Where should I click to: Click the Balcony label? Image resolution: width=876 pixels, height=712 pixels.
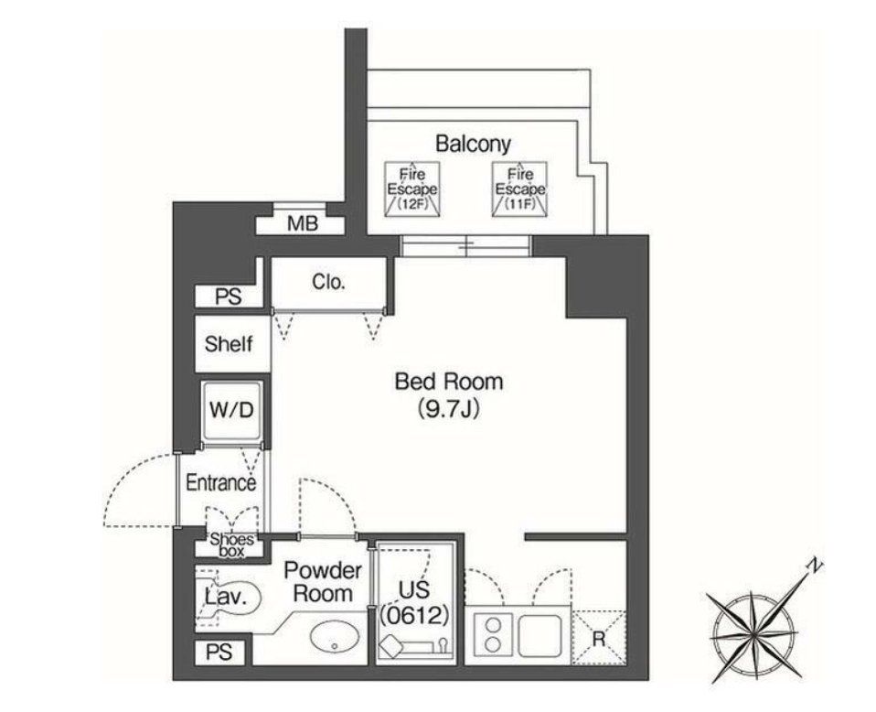(x=472, y=144)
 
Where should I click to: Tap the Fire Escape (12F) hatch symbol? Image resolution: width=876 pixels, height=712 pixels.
(x=411, y=189)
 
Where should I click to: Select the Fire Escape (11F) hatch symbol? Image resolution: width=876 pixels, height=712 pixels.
(x=519, y=189)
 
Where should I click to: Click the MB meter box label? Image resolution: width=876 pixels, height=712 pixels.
(x=302, y=223)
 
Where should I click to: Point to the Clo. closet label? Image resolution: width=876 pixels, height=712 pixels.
(x=329, y=282)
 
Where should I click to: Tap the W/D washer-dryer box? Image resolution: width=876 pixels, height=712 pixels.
(x=233, y=410)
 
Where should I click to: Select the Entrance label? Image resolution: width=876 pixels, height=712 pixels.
(x=220, y=482)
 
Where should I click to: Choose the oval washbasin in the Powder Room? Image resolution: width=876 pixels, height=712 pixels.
(x=333, y=638)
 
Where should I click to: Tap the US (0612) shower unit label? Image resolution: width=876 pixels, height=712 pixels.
(x=414, y=601)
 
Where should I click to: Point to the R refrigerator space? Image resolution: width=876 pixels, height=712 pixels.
(x=598, y=638)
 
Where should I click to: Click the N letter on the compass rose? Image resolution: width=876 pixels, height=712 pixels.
(x=811, y=567)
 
